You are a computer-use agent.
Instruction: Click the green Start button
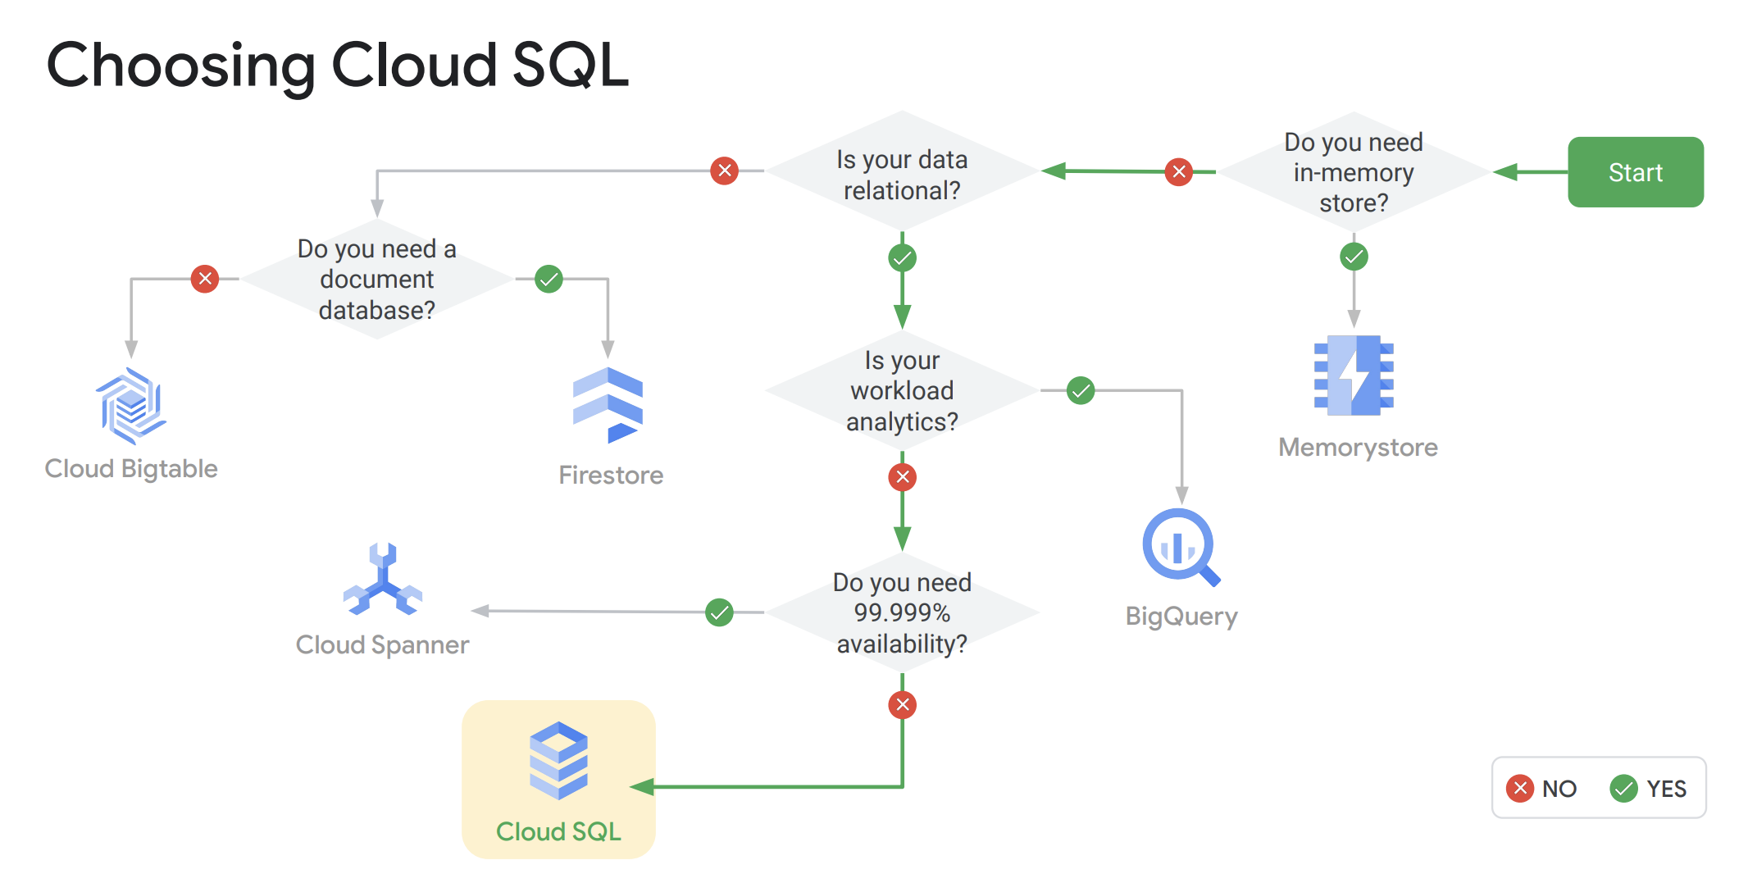[1635, 172]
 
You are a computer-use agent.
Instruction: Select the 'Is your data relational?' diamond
[902, 174]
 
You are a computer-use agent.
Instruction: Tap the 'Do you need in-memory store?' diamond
[1354, 173]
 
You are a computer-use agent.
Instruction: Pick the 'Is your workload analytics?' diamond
[902, 391]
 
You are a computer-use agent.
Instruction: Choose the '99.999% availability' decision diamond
[902, 612]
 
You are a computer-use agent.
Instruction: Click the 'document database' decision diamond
[377, 280]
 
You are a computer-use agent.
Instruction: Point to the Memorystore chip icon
[1354, 375]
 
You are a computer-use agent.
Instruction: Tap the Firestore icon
[608, 405]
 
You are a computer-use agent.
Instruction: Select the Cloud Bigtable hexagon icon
[130, 405]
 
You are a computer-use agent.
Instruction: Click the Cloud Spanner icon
[383, 580]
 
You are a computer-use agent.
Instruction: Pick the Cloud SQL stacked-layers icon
[558, 760]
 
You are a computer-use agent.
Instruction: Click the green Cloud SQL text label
[558, 831]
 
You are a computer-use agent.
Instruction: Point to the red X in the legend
[1520, 789]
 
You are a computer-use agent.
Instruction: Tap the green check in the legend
[1623, 789]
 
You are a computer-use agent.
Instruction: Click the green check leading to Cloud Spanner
[719, 612]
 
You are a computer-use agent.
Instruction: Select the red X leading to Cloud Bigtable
[205, 279]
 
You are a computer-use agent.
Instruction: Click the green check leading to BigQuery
[1081, 391]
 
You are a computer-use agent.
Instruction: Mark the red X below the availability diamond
[902, 704]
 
